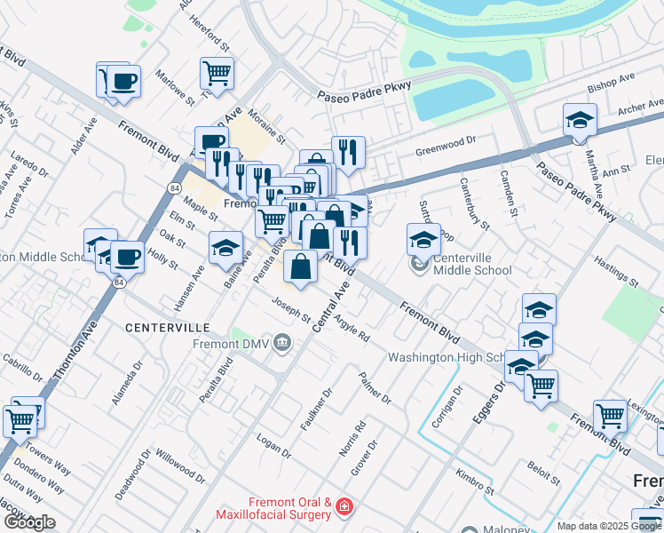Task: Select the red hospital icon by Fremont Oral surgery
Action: click(x=344, y=509)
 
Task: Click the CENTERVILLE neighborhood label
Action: click(x=166, y=328)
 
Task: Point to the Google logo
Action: click(x=29, y=522)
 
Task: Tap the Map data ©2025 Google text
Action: click(x=609, y=526)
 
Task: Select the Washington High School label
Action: click(x=447, y=358)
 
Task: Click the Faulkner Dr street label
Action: click(x=316, y=409)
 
